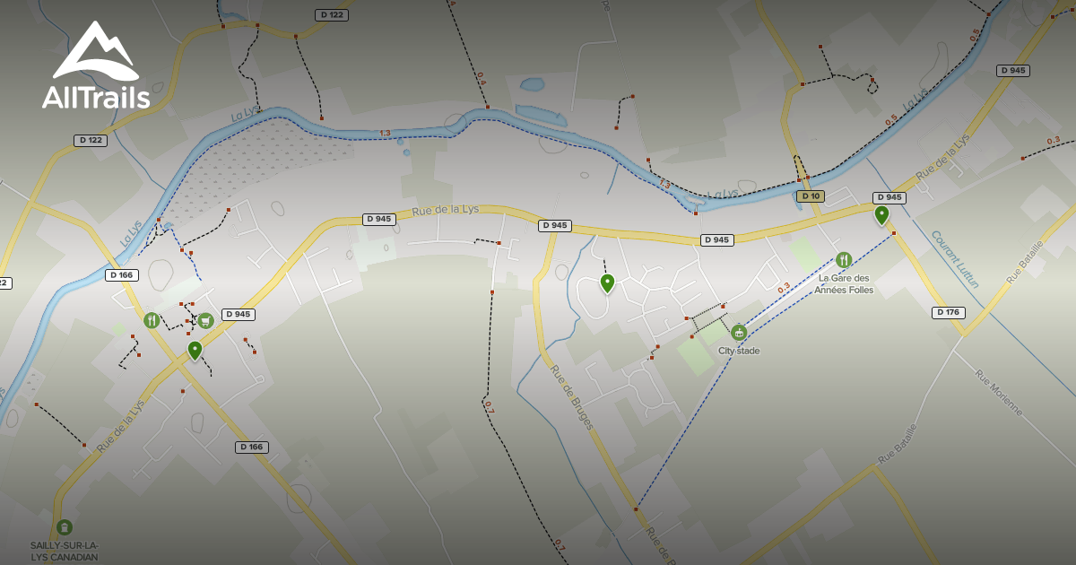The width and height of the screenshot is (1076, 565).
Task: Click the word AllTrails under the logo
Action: [96, 96]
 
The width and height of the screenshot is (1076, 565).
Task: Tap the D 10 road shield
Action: [810, 196]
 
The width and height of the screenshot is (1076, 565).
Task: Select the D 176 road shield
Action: [949, 313]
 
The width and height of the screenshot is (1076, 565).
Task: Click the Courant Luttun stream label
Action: [955, 259]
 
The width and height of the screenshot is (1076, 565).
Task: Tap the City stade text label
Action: [739, 351]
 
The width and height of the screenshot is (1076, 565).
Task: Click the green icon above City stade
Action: [739, 333]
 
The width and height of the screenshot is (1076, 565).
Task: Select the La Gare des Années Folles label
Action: [843, 283]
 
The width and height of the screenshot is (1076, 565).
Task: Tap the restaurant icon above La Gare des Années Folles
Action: [843, 260]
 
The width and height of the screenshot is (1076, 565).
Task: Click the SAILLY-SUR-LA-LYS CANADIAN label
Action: [64, 551]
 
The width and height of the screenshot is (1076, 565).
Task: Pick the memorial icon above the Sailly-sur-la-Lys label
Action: [64, 527]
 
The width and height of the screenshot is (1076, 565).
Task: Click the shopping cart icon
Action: [205, 320]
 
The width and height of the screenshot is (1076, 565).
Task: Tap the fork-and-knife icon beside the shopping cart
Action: [152, 320]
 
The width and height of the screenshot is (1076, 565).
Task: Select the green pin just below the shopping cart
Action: [195, 350]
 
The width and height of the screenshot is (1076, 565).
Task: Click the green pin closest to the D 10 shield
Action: [881, 214]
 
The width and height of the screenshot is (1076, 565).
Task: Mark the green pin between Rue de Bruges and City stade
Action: [607, 283]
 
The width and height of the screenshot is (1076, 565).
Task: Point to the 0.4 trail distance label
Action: [482, 78]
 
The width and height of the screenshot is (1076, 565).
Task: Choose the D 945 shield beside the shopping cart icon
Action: [239, 315]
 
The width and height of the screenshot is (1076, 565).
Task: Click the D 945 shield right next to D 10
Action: [889, 197]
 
